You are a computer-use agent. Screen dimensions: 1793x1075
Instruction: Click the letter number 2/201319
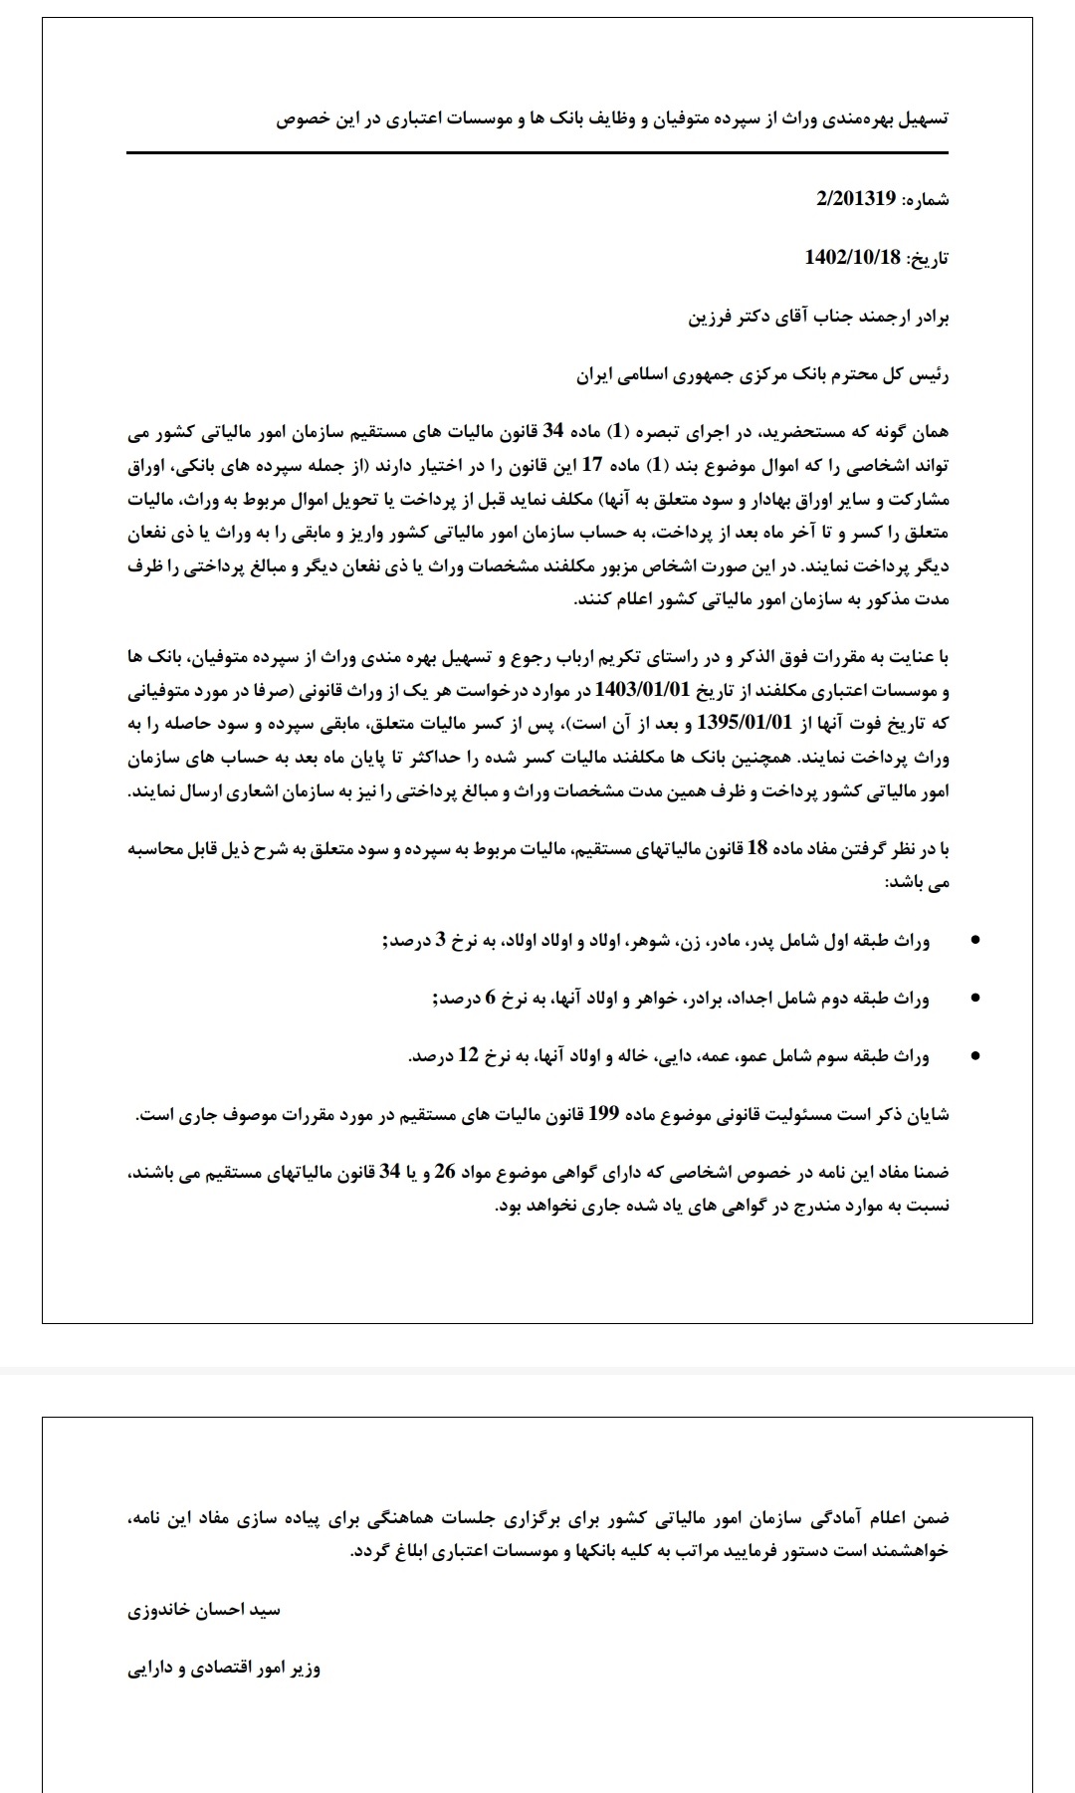click(856, 199)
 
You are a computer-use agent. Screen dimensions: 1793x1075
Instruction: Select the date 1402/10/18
click(852, 258)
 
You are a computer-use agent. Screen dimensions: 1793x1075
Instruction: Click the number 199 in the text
click(604, 1114)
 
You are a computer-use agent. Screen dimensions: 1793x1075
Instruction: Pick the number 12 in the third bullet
click(468, 1056)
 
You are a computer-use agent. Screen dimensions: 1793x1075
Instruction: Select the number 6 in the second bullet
click(490, 998)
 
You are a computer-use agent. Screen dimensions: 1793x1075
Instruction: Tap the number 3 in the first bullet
click(440, 939)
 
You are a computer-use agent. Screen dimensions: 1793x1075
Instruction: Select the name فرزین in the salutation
click(714, 318)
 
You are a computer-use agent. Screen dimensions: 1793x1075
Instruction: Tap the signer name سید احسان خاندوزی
click(205, 1610)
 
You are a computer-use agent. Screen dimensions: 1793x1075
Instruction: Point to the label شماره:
click(925, 200)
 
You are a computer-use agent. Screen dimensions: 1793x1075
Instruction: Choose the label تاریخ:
click(927, 259)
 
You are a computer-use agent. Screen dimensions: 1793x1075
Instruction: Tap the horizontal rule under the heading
click(537, 153)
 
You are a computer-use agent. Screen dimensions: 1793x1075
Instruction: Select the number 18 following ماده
click(756, 848)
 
